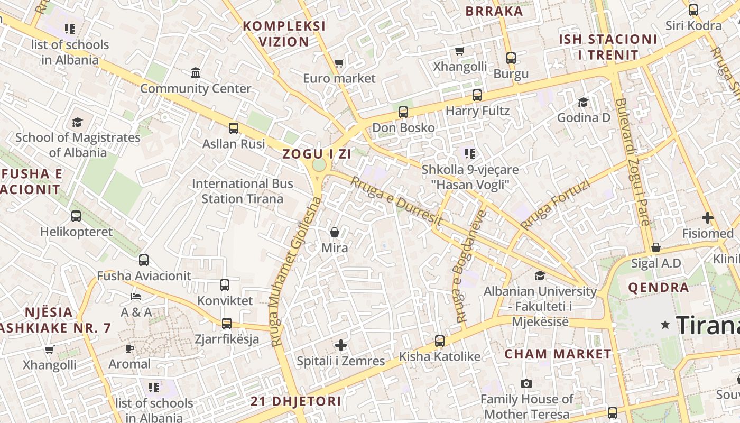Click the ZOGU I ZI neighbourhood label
pyautogui.click(x=317, y=154)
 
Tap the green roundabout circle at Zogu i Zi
pyautogui.click(x=319, y=165)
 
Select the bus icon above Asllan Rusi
pyautogui.click(x=234, y=128)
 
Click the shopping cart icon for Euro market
pyautogui.click(x=339, y=63)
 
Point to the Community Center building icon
pyautogui.click(x=196, y=72)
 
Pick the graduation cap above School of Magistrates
pyautogui.click(x=78, y=122)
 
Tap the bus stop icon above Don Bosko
pyautogui.click(x=403, y=112)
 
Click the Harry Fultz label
pyautogui.click(x=478, y=111)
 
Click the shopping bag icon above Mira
pyautogui.click(x=335, y=232)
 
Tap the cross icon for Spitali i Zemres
pyautogui.click(x=341, y=346)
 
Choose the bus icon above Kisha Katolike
pyautogui.click(x=440, y=341)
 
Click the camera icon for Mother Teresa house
pyautogui.click(x=526, y=383)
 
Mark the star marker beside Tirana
pyautogui.click(x=665, y=325)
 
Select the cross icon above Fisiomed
pyautogui.click(x=708, y=218)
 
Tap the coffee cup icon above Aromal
pyautogui.click(x=129, y=348)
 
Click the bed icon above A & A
pyautogui.click(x=136, y=297)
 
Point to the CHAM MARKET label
pyautogui.click(x=558, y=354)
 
